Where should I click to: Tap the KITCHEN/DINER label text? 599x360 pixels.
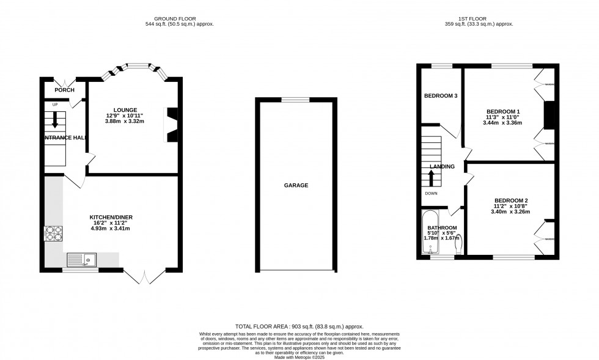[111, 218]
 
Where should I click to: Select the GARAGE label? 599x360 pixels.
[295, 185]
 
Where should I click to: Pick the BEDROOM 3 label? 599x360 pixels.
[441, 96]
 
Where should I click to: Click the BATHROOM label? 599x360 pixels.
[442, 228]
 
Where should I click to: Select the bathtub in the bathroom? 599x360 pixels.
[432, 233]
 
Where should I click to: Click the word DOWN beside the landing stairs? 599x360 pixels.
[432, 193]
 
